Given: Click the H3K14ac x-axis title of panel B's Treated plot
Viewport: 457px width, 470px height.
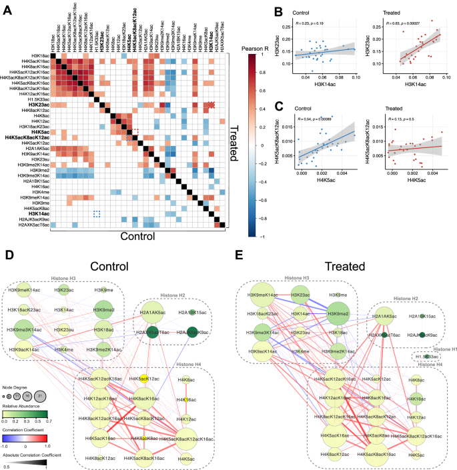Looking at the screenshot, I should click(x=426, y=86).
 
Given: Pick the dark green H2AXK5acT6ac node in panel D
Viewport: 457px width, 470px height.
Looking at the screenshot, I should click(x=157, y=333).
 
